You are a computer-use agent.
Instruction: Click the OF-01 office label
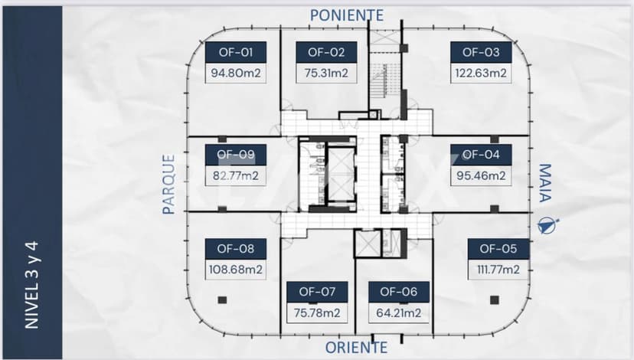236,52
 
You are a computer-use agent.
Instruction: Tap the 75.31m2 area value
326,74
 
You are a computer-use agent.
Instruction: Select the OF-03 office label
481,52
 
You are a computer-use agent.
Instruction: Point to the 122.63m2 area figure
481,74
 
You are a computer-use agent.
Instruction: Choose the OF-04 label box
481,155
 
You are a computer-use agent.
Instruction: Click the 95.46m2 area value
481,176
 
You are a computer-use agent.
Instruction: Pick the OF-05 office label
498,249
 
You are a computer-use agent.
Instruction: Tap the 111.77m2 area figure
498,270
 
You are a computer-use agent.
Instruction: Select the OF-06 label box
399,292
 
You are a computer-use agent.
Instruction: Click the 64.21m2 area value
399,313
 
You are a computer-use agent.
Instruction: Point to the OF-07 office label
318,292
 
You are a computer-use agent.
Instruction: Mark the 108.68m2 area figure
236,270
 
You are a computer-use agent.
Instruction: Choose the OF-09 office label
236,155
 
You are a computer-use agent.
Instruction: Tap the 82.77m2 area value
236,176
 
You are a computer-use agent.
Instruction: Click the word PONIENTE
347,15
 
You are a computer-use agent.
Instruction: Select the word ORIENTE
356,348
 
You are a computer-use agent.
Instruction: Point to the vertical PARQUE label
168,184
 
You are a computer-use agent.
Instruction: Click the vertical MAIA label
545,183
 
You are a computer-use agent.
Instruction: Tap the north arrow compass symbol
548,226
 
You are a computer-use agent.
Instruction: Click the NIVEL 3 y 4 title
32,285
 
